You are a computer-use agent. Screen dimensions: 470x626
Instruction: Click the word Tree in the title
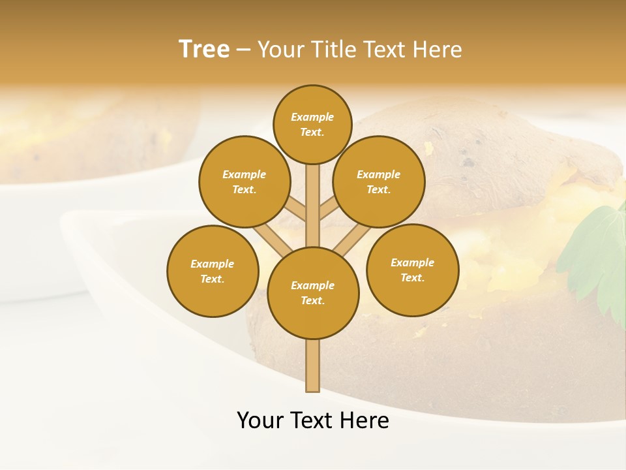pos(204,50)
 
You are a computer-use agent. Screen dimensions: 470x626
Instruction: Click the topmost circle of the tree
pos(312,124)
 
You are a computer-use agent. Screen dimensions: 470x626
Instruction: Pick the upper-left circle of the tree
pos(244,181)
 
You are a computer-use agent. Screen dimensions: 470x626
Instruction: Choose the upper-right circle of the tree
pos(379,181)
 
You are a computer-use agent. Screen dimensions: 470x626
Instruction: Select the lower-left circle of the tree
pos(213,271)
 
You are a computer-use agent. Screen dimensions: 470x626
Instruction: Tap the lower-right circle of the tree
pos(413,270)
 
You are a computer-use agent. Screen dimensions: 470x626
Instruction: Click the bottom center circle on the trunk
pos(313,293)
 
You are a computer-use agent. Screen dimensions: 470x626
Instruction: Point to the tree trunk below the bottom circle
pos(313,366)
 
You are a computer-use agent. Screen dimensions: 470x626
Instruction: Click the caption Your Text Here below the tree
pos(313,420)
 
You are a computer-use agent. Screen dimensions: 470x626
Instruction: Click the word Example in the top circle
pos(312,117)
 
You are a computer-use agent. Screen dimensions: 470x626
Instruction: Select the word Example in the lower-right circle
pos(412,262)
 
